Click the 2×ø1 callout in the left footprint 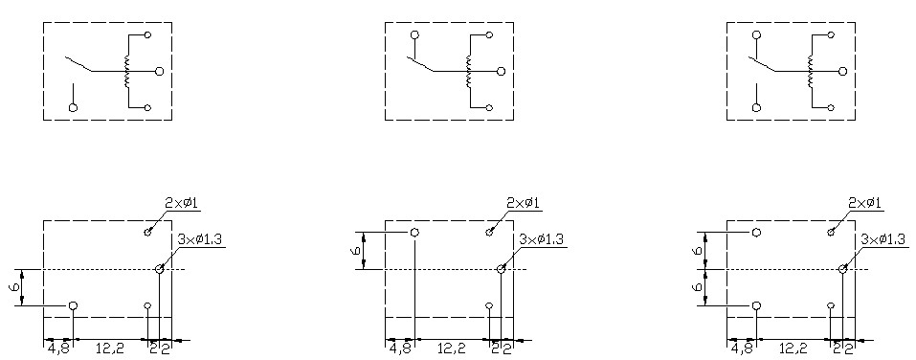[181, 203]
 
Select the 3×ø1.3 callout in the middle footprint [543, 239]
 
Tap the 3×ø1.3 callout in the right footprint [884, 239]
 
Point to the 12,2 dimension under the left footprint [110, 349]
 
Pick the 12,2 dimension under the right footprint [793, 349]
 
